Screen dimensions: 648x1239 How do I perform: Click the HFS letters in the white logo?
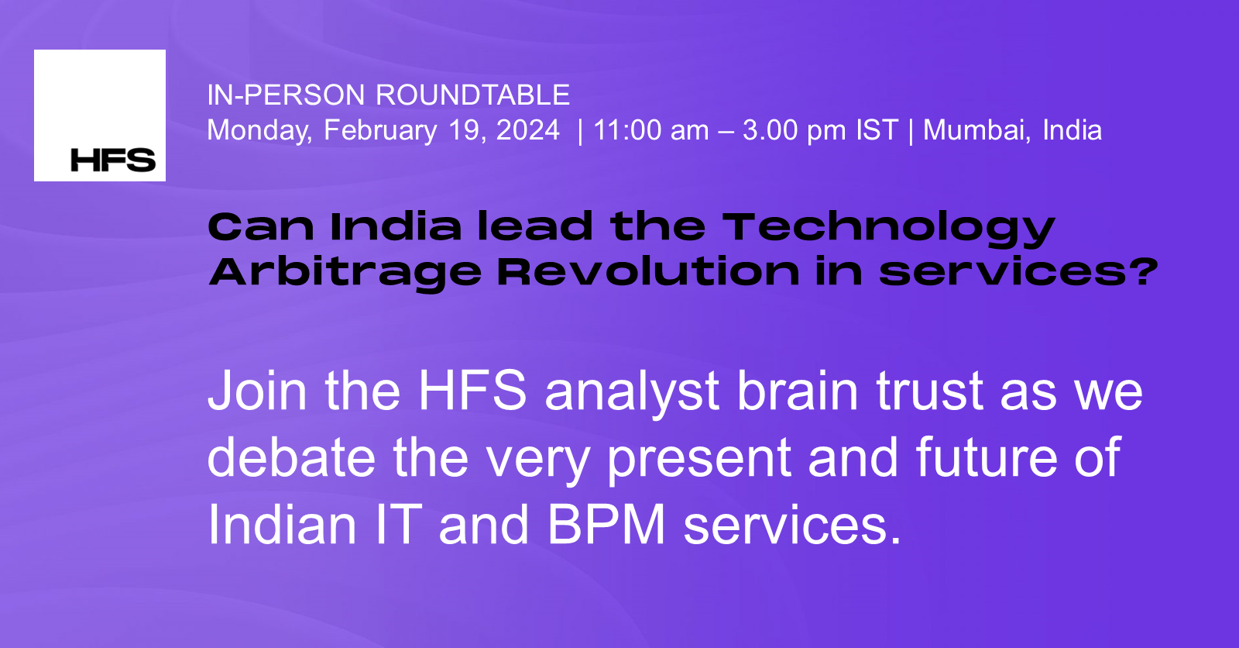[x=113, y=160]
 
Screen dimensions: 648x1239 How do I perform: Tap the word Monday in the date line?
[x=259, y=130]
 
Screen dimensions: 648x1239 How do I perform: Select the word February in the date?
[x=380, y=130]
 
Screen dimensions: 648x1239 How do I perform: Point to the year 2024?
[x=527, y=130]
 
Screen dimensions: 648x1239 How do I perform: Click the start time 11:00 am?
[x=650, y=130]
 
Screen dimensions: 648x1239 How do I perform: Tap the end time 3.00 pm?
[x=794, y=130]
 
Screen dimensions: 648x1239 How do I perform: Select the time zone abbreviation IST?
[x=877, y=130]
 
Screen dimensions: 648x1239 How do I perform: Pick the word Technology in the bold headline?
[x=888, y=228]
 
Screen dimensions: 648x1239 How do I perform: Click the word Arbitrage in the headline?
[x=345, y=273]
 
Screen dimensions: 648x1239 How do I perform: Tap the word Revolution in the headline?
[x=647, y=272]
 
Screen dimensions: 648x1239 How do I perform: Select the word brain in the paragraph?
[x=798, y=391]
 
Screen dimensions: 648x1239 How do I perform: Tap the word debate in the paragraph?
[x=291, y=458]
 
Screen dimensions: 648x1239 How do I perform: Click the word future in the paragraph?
[x=986, y=458]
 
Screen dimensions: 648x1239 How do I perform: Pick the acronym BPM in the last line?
[x=606, y=526]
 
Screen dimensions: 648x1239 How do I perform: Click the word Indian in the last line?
[x=282, y=526]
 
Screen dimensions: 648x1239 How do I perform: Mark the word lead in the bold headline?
[x=534, y=227]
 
